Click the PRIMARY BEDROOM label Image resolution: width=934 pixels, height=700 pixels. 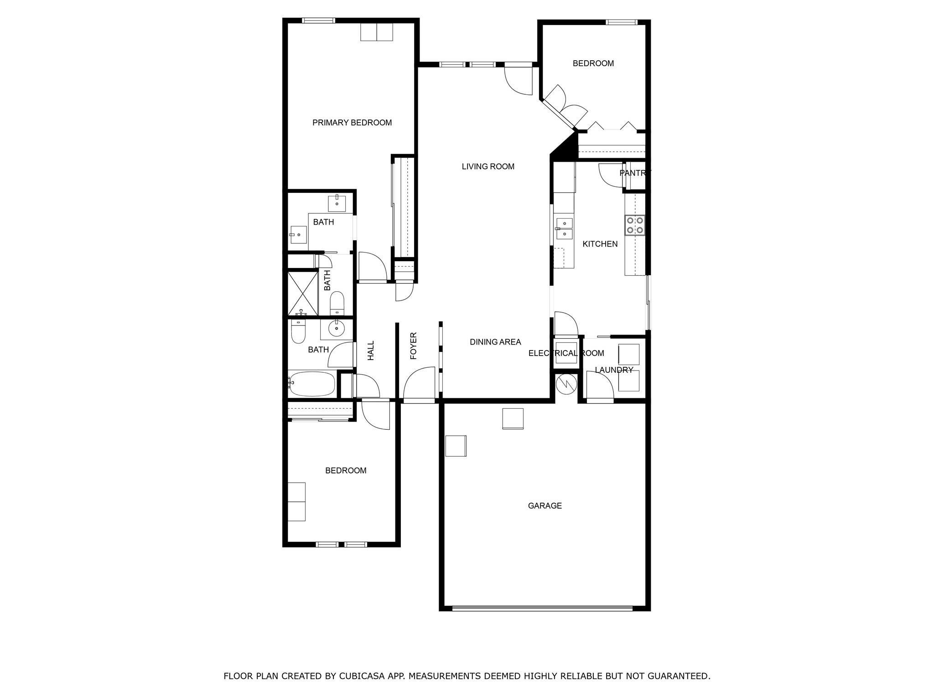click(x=352, y=123)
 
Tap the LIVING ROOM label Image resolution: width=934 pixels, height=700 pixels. click(x=488, y=167)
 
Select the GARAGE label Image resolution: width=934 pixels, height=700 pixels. click(x=545, y=506)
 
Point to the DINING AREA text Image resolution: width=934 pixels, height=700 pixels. click(x=495, y=342)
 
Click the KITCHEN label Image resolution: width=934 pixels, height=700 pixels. click(x=600, y=244)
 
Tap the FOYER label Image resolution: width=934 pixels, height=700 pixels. click(x=414, y=346)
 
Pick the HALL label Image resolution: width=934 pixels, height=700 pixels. click(x=371, y=350)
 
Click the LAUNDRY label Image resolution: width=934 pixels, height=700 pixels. click(x=614, y=370)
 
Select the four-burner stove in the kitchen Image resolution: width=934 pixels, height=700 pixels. click(x=634, y=225)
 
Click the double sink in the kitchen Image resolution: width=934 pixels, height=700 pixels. click(x=565, y=228)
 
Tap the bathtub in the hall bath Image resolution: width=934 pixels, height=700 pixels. click(x=311, y=384)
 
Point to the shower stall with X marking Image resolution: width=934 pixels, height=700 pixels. click(x=303, y=293)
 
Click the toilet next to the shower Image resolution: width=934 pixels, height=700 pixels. click(x=337, y=303)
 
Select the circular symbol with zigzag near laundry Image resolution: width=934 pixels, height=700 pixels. click(x=566, y=384)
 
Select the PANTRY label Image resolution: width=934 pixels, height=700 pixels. click(x=635, y=173)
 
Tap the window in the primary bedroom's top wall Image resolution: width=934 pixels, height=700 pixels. click(x=318, y=21)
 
